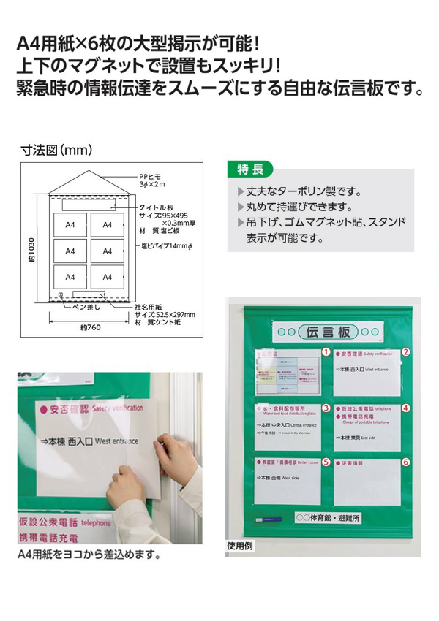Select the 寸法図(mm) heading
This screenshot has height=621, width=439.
coord(56,151)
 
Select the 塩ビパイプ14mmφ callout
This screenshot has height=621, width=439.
coord(167,245)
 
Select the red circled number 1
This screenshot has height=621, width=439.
coord(327,352)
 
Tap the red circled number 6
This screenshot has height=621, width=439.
coord(405,462)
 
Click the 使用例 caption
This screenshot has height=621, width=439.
coord(243,546)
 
